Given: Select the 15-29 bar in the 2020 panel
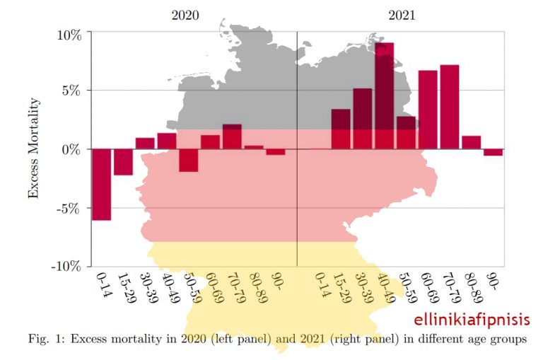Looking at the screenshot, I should pyautogui.click(x=123, y=162).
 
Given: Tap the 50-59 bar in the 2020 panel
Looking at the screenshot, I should pyautogui.click(x=188, y=161).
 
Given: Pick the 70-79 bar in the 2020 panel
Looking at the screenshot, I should pyautogui.click(x=232, y=137).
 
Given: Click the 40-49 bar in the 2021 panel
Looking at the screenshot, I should pyautogui.click(x=384, y=95).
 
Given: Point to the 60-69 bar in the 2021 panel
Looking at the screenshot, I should pyautogui.click(x=428, y=110).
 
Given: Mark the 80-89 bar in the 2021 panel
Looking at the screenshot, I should pyautogui.click(x=471, y=142).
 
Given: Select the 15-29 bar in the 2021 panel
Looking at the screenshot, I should pyautogui.click(x=341, y=129).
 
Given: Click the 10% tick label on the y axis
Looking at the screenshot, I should pyautogui.click(x=71, y=33).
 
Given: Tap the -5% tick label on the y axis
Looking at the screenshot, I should pyautogui.click(x=71, y=208).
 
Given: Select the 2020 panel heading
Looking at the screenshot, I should pyautogui.click(x=186, y=15).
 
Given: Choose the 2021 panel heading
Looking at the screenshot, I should pyautogui.click(x=402, y=15).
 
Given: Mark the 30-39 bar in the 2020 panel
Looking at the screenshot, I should pyautogui.click(x=145, y=143).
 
